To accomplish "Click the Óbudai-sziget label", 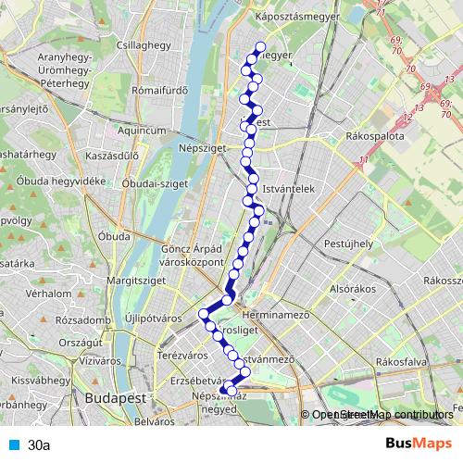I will click(156, 183).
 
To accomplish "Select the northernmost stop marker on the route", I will click(259, 47).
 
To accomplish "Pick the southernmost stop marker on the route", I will click(227, 400).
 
